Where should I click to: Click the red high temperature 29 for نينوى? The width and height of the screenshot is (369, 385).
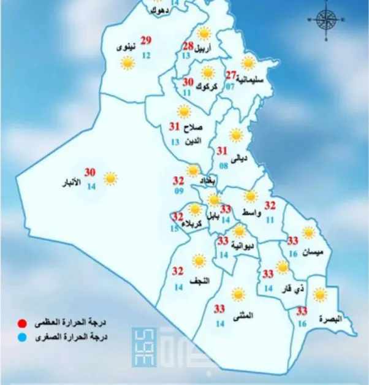(x=146, y=41)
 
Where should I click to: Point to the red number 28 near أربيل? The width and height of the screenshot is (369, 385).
(x=188, y=47)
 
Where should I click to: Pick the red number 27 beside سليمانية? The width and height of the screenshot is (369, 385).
(x=231, y=75)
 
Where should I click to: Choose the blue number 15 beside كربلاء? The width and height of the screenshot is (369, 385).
(x=175, y=229)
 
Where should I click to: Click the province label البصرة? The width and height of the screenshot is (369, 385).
(x=333, y=319)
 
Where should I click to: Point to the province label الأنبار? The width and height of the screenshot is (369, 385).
(x=72, y=183)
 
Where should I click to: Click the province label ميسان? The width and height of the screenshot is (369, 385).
(x=318, y=252)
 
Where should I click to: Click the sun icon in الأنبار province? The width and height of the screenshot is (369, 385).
(x=110, y=178)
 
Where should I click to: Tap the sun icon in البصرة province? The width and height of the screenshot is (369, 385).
(x=319, y=295)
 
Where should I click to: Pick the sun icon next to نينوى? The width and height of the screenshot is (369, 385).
(x=127, y=63)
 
